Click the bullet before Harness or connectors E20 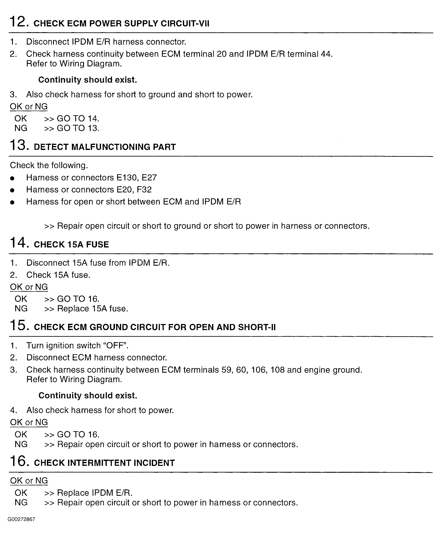click(x=12, y=190)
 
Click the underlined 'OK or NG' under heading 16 click(x=29, y=481)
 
